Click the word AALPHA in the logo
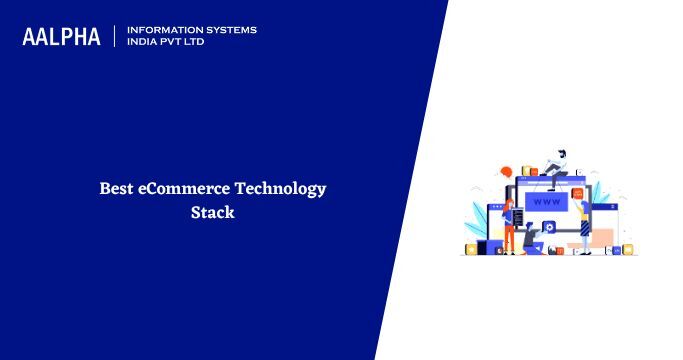(x=61, y=37)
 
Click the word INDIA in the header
(x=142, y=42)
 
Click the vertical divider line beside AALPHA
(x=115, y=36)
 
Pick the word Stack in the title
(x=212, y=212)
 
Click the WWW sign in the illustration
(x=545, y=202)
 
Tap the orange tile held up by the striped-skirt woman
(x=578, y=192)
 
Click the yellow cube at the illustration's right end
(x=629, y=249)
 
